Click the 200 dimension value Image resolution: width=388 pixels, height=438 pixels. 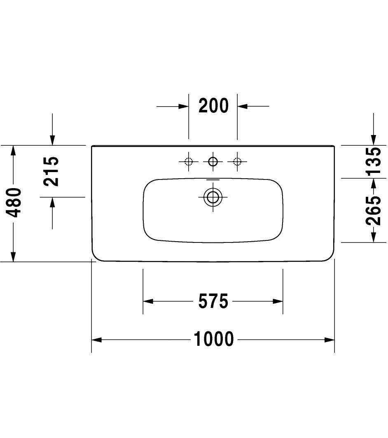coord(214,106)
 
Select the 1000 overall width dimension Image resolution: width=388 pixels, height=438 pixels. coord(214,339)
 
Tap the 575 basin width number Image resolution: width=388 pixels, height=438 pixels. coord(213,301)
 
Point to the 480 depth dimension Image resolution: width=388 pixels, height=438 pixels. coord(14,203)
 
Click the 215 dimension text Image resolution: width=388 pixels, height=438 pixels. coord(51,171)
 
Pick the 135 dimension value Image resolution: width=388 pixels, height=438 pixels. coord(374,161)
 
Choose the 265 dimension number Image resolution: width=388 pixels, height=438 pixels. coord(374,210)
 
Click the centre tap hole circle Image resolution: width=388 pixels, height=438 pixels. coord(213,161)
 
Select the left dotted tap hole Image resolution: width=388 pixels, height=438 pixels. coord(189,161)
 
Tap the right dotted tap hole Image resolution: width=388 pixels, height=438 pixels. coord(237,161)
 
